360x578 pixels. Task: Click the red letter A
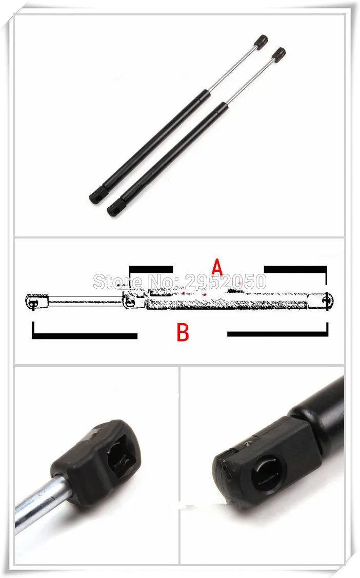point(217,267)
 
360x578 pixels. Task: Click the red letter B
point(183,332)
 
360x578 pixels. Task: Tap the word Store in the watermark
point(112,281)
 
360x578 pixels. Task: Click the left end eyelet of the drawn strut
point(33,302)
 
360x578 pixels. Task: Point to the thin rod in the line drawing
point(85,301)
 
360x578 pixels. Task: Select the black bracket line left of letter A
point(150,268)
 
